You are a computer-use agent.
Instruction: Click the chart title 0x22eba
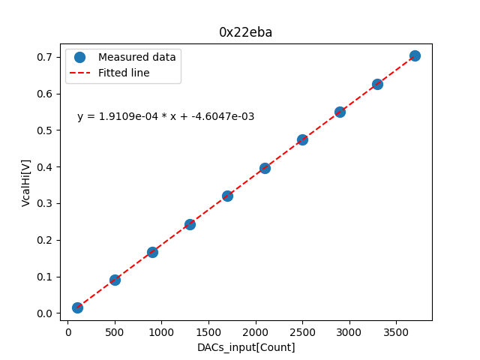(245, 32)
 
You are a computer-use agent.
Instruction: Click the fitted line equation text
(166, 116)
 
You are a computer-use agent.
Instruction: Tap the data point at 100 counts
(77, 307)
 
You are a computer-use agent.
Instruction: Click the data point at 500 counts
(115, 280)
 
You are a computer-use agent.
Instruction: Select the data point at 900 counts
(152, 252)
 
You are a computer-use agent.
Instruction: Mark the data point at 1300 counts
(190, 224)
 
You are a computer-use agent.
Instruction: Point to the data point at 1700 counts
(227, 196)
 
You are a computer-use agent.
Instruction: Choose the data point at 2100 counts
(265, 168)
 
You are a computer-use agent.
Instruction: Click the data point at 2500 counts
(302, 139)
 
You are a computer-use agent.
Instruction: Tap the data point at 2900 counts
(340, 112)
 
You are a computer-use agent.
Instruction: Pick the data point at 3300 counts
(377, 84)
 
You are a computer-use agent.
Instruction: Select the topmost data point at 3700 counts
(415, 55)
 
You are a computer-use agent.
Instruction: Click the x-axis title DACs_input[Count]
(246, 347)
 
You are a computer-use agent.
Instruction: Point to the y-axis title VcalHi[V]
(26, 182)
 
